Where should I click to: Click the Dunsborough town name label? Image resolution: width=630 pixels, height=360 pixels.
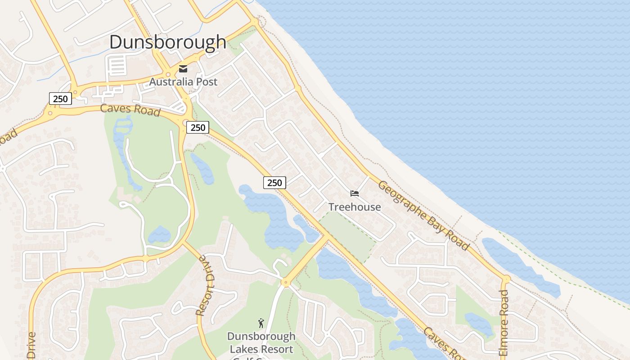tap(167, 42)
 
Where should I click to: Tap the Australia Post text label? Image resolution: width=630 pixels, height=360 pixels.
tap(183, 82)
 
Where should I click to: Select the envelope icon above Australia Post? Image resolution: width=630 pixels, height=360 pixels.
tap(183, 69)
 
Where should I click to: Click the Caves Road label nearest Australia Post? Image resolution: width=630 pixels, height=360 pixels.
tap(130, 109)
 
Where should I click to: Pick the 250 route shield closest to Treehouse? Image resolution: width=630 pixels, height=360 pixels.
tap(274, 182)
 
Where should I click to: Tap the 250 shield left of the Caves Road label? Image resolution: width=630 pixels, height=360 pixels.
tap(60, 99)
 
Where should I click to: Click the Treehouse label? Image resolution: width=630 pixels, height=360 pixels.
tap(355, 207)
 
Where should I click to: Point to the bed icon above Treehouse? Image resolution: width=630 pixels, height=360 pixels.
tap(355, 193)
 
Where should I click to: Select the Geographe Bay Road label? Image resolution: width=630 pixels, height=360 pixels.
tap(423, 215)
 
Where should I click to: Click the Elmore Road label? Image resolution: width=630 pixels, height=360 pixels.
tap(504, 323)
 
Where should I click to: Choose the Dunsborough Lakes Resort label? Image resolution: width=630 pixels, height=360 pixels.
tap(261, 342)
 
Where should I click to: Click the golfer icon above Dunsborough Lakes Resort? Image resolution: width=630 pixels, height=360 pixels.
tap(261, 323)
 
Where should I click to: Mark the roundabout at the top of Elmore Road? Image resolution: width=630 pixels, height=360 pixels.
tap(506, 279)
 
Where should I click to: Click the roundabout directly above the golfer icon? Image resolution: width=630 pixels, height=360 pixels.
tap(285, 283)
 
